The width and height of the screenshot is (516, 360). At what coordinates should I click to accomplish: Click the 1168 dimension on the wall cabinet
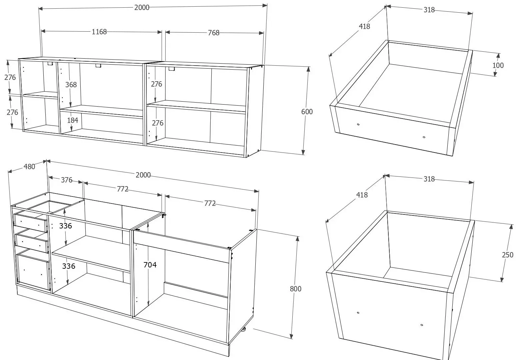[99, 32]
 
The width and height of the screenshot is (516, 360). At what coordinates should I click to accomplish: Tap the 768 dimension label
[214, 33]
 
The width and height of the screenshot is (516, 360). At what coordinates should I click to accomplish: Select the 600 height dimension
[307, 112]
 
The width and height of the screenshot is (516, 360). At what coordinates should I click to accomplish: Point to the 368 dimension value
[71, 85]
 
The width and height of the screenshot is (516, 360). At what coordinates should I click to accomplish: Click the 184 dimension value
[73, 120]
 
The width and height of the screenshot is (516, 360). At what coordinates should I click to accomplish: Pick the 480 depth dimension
[29, 167]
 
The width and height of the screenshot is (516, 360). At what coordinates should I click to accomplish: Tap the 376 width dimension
[67, 180]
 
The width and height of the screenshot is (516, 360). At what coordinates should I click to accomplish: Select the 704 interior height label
[150, 265]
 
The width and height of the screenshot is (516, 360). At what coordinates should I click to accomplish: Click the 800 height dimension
[296, 289]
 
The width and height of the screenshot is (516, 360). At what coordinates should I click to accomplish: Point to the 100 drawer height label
[498, 65]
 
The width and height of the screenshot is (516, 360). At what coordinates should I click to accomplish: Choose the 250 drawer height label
[508, 255]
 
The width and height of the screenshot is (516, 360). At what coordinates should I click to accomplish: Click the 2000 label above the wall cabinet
[142, 8]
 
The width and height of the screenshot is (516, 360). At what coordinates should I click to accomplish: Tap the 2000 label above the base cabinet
[143, 175]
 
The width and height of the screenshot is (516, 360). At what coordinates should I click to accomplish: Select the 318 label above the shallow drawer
[429, 10]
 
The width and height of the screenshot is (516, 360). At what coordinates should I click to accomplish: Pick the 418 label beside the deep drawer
[362, 195]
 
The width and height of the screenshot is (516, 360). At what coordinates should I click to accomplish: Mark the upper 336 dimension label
[66, 226]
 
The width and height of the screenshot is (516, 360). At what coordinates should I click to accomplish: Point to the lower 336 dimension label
[69, 266]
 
